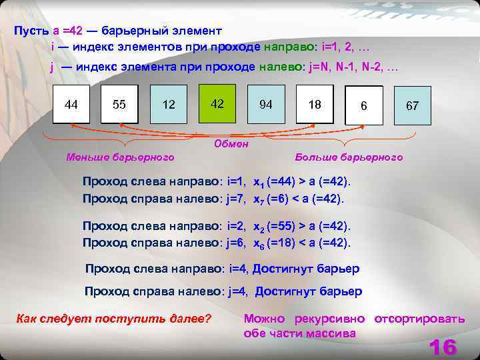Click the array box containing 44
click(x=71, y=105)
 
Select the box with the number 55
click(x=119, y=105)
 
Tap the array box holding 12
click(x=169, y=105)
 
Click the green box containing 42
click(x=217, y=104)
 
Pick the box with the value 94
click(x=266, y=105)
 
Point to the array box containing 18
click(x=315, y=105)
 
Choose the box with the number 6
click(x=364, y=106)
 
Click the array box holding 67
click(x=412, y=106)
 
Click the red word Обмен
click(x=231, y=143)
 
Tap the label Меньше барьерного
click(x=120, y=157)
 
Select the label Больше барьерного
click(x=349, y=157)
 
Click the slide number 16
click(x=443, y=347)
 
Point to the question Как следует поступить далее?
click(x=113, y=319)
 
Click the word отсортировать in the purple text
click(x=419, y=319)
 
